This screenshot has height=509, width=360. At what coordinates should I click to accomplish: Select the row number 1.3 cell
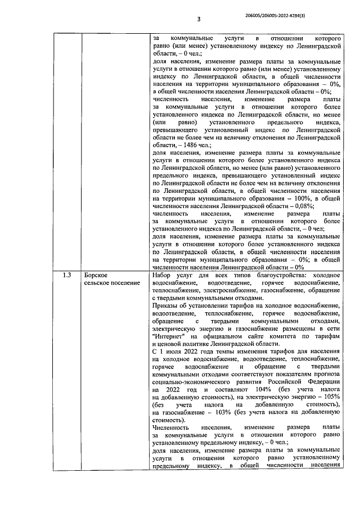tap(66, 275)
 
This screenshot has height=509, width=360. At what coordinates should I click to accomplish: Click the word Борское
tap(95, 275)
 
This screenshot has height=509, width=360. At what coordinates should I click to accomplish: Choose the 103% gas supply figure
tap(222, 412)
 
